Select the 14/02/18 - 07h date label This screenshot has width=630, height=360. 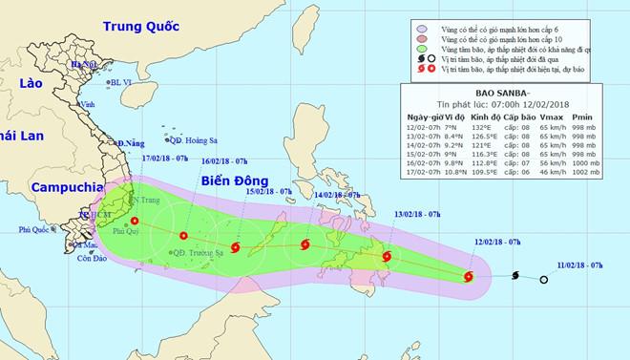[337, 195]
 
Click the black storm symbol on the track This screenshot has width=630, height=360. [516, 276]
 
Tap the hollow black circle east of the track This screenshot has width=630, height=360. [543, 280]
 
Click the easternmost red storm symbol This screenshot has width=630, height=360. [468, 278]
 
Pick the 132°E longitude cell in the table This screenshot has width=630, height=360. [491, 127]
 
